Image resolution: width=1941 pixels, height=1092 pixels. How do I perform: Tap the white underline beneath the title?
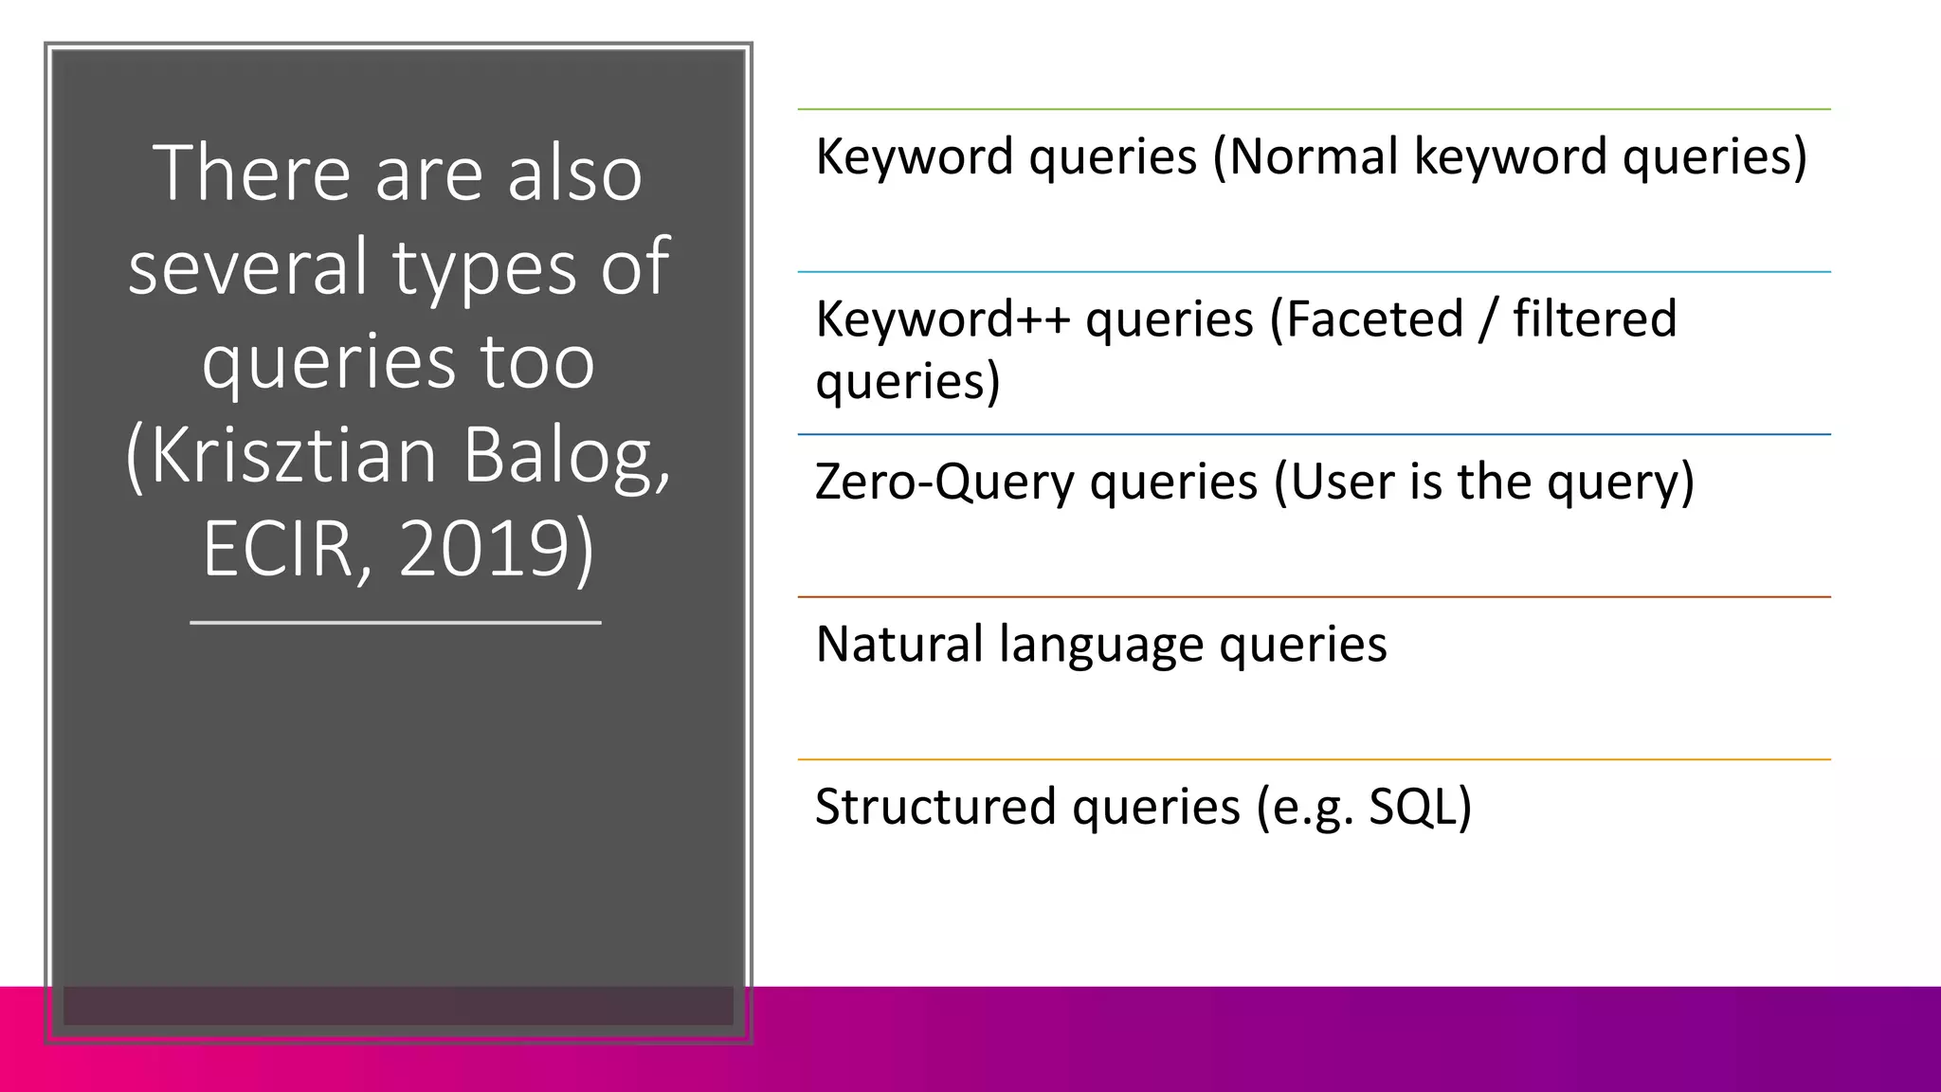(x=396, y=623)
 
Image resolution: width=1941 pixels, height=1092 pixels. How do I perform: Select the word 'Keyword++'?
(x=942, y=319)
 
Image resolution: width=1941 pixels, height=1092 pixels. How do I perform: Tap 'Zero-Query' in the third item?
(x=944, y=482)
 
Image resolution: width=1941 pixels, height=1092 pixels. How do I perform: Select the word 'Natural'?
(x=898, y=645)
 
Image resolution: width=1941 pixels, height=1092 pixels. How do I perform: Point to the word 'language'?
(x=1100, y=645)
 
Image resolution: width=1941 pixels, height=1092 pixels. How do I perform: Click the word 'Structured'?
(x=935, y=807)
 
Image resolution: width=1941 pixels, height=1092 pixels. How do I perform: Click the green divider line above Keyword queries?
(x=1314, y=109)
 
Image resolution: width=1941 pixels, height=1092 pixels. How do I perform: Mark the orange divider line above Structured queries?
(x=1314, y=759)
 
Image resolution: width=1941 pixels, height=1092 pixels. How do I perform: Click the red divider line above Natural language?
(x=1314, y=597)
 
